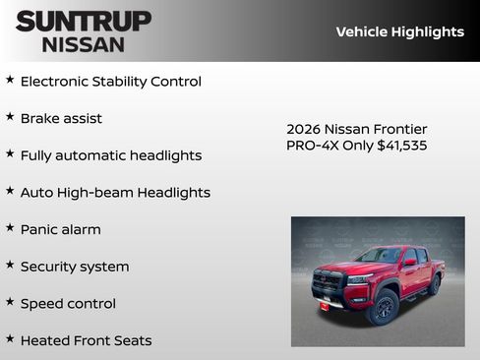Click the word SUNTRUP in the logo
point(84,21)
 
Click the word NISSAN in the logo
point(84,44)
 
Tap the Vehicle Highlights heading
point(399,31)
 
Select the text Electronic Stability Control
point(110,82)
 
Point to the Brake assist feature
point(61,119)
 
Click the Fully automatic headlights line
point(110,155)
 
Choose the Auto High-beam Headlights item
point(115,193)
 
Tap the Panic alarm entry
point(60,229)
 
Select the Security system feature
point(75,267)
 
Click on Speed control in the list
point(68,304)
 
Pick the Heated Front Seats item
point(86,340)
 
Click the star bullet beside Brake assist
point(10,117)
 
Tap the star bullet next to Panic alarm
point(10,228)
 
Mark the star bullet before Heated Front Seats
point(10,339)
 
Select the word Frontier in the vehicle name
point(399,129)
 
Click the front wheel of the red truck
point(384,307)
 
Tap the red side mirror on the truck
point(408,264)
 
